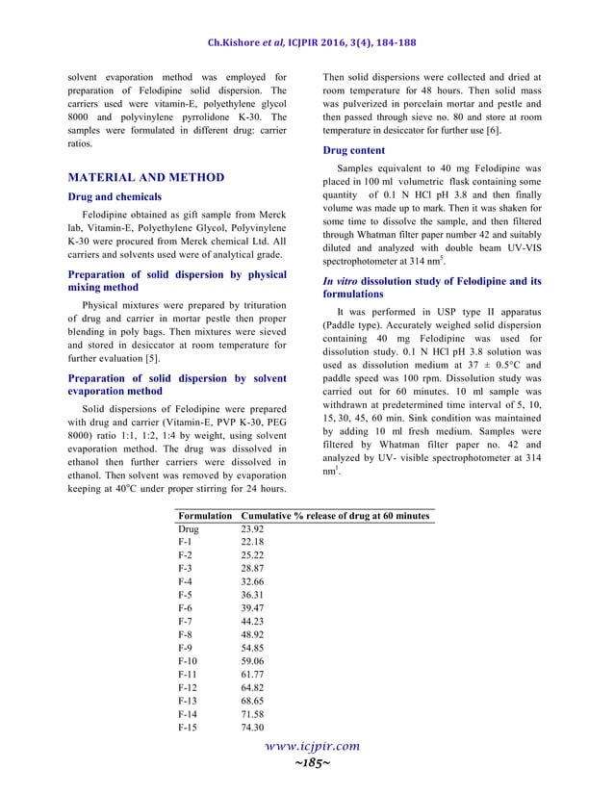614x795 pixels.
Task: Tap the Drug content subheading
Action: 353,150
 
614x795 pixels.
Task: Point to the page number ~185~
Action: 305,762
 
